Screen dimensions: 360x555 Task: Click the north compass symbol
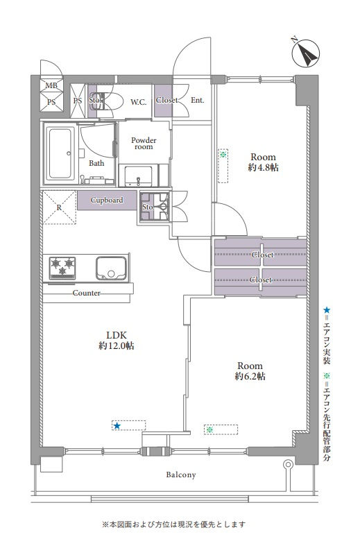pos(305,54)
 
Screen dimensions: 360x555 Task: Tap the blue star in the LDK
pos(117,426)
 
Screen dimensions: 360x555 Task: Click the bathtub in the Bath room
pos(60,153)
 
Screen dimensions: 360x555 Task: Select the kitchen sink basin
pos(111,267)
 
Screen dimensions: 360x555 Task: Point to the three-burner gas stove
pos(63,266)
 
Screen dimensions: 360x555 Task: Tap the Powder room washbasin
pos(139,176)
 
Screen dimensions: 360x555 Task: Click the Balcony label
pos(181,475)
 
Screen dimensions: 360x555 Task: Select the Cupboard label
pos(107,200)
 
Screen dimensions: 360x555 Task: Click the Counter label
pos(87,293)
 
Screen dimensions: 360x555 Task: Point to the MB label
pos(51,85)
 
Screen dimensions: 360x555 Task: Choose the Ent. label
pos(198,100)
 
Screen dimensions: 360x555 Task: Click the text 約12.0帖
pos(117,345)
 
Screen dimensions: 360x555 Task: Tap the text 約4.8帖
pos(264,167)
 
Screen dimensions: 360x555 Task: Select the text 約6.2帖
pos(250,376)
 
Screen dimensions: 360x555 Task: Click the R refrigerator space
pos(59,207)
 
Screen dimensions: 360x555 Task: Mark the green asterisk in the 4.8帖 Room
pos(223,154)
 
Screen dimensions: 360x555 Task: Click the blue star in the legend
pos(327,310)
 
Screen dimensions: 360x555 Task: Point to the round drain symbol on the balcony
pos(289,463)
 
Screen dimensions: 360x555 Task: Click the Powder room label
pos(144,143)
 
